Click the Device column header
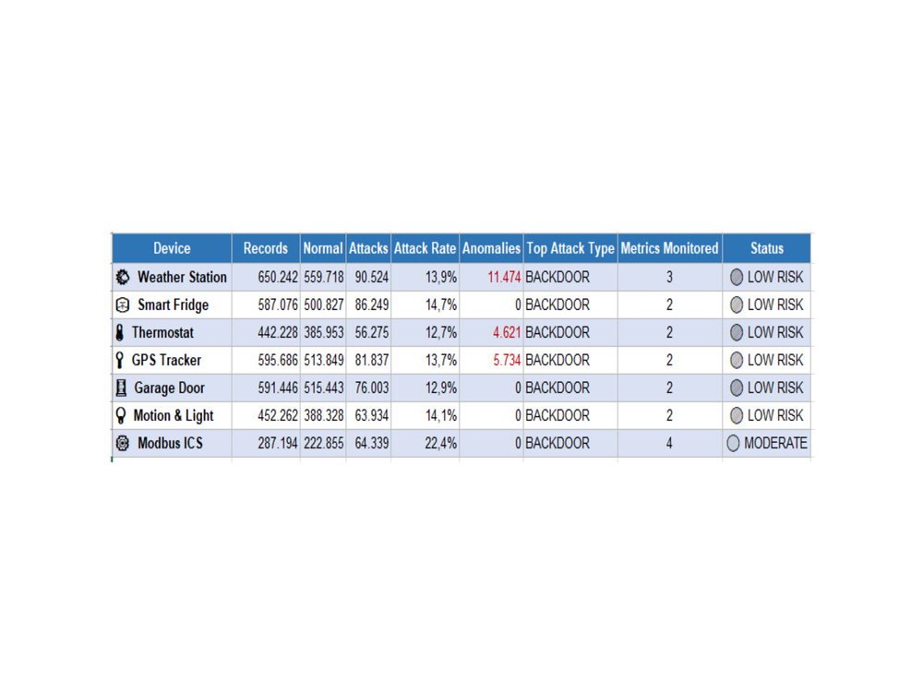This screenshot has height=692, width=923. click(172, 248)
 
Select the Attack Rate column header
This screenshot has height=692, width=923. click(425, 248)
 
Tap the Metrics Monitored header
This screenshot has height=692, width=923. click(669, 248)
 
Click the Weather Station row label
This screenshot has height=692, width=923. click(182, 277)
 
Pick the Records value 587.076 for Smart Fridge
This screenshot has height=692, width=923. click(278, 304)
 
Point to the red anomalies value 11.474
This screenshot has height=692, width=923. click(504, 277)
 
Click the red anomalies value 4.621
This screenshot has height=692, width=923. click(507, 332)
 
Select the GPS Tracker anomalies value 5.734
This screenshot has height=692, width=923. click(507, 360)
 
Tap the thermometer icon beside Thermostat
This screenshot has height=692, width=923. click(120, 332)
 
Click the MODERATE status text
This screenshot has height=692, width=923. click(775, 443)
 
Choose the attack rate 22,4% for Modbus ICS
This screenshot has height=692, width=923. click(441, 443)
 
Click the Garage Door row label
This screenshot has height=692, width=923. click(170, 388)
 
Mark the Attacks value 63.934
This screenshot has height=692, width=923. click(371, 415)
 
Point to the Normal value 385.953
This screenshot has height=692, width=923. click(324, 332)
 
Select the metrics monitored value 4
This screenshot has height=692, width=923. click(669, 443)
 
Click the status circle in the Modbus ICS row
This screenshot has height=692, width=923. click(733, 443)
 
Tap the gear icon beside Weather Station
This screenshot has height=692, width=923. click(123, 277)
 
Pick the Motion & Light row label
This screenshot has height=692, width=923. click(174, 415)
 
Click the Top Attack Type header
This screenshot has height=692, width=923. click(570, 248)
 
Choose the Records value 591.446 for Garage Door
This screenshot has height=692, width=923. click(278, 388)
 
